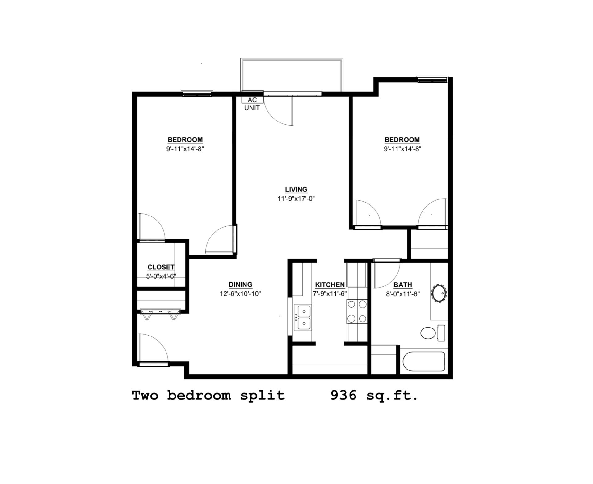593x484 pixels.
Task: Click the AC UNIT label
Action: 252,104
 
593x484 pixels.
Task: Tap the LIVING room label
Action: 296,190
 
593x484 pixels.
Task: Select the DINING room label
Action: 240,285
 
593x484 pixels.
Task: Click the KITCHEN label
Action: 330,285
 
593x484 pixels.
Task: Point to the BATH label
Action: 403,285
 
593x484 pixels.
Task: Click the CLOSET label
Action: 161,267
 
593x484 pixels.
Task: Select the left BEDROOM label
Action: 185,140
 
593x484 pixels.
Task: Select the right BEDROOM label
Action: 402,140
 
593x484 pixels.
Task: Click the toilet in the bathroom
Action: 432,333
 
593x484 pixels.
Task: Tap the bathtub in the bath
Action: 424,362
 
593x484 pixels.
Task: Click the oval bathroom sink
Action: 439,293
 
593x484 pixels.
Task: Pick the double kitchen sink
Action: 303,317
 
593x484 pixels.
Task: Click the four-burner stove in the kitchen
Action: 357,311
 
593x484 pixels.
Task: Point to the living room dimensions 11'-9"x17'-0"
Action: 296,199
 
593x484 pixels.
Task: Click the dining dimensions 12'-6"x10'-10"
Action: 240,294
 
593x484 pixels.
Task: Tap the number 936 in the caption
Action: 343,395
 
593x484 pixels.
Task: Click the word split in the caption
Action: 263,396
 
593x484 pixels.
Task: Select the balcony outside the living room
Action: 292,75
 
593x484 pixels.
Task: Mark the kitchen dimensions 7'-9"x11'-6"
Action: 330,294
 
